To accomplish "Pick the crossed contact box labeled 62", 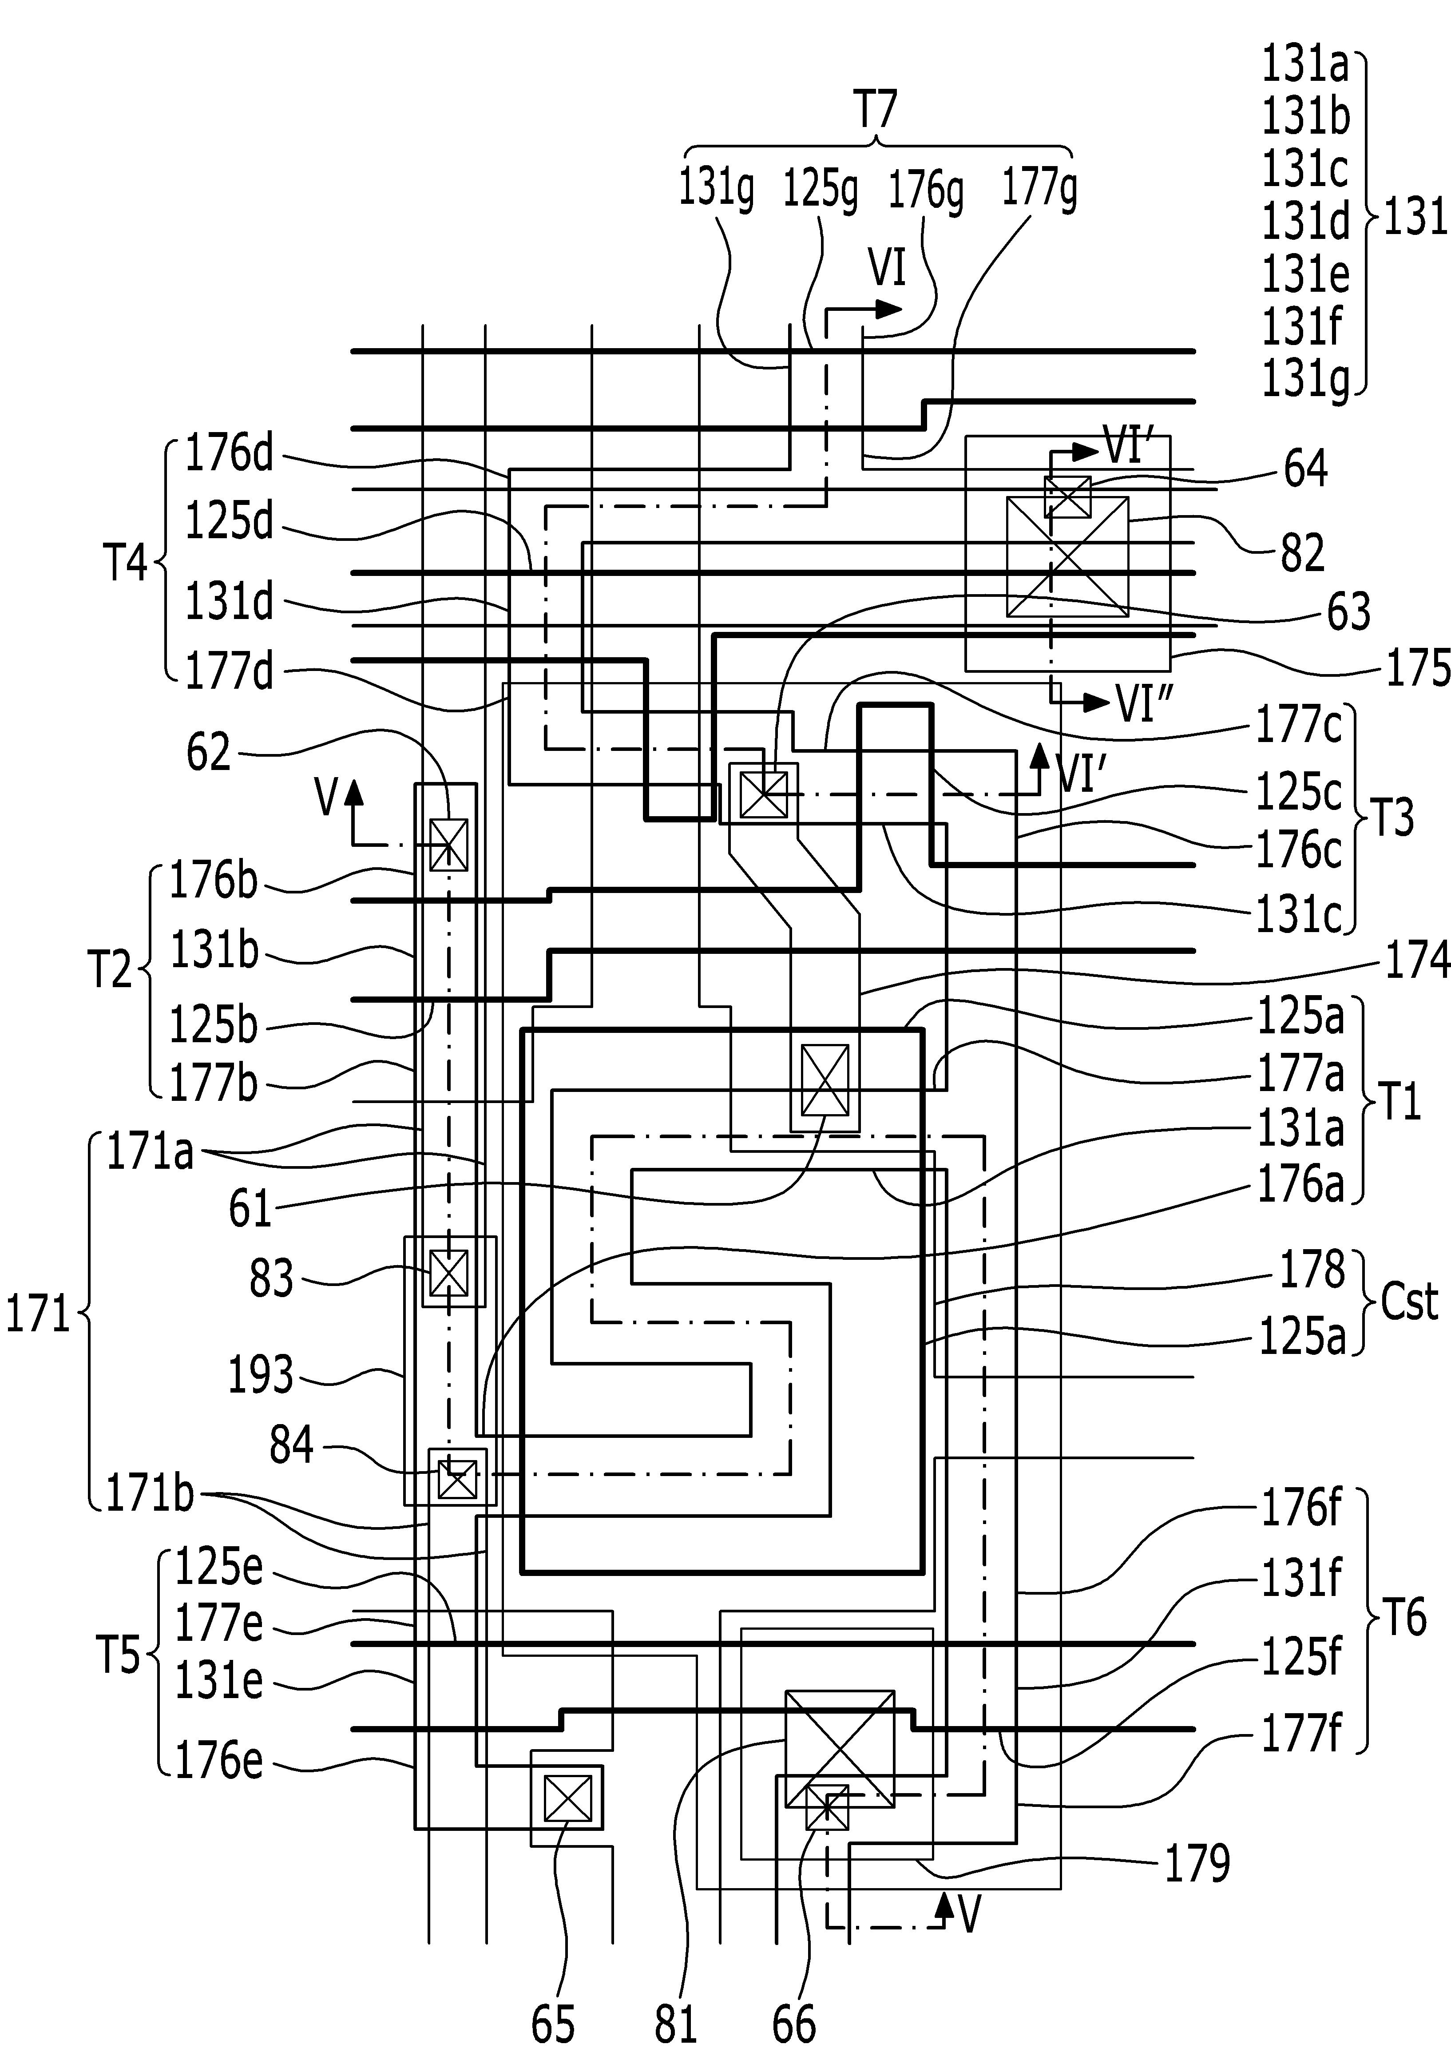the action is pyautogui.click(x=449, y=844).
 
